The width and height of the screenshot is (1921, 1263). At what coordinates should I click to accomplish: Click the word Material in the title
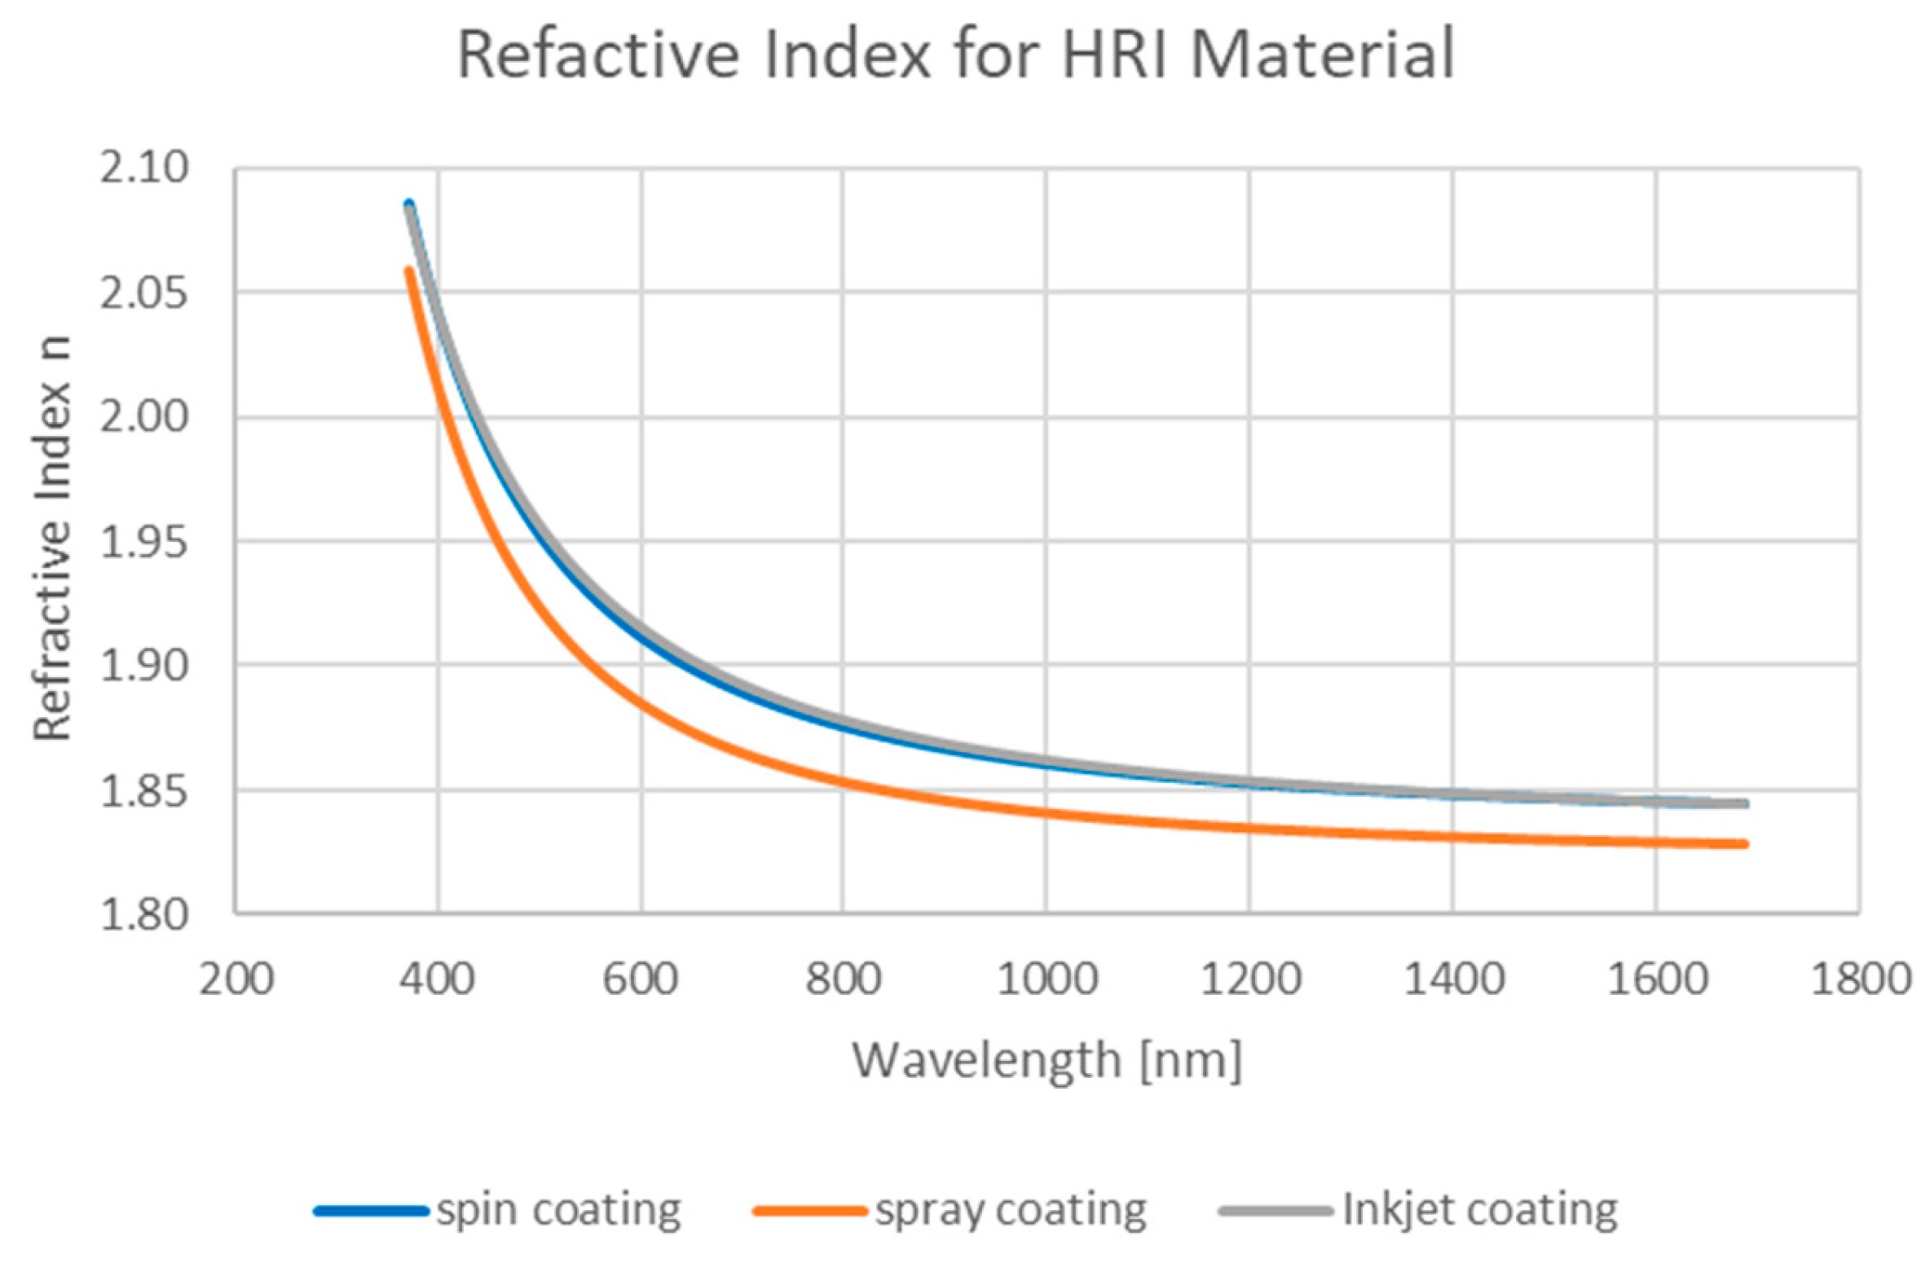[1321, 55]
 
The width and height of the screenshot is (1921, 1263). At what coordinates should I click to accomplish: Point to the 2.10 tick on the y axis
[143, 168]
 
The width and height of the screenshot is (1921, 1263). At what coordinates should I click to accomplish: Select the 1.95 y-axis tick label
[143, 541]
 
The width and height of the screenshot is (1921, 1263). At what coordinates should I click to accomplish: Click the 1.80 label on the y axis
[143, 914]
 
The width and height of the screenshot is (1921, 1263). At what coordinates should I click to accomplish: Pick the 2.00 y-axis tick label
[143, 417]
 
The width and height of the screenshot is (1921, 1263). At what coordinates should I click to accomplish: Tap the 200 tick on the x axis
[236, 979]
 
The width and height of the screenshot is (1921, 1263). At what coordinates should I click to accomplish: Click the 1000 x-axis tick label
[1047, 979]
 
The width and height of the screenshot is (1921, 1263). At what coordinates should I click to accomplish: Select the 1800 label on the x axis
[1860, 979]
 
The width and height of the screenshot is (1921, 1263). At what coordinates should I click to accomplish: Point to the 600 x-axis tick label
[641, 979]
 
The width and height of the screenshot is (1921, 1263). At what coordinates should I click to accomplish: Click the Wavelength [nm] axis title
[1046, 1060]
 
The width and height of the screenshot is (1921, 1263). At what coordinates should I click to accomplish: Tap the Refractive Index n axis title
[52, 539]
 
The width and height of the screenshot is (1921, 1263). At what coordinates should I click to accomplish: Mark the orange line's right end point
[1746, 844]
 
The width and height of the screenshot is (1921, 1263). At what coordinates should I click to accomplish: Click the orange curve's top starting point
[409, 270]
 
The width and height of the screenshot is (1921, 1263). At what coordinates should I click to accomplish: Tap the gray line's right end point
[1746, 803]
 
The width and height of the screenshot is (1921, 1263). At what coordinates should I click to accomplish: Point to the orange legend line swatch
[809, 1211]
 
